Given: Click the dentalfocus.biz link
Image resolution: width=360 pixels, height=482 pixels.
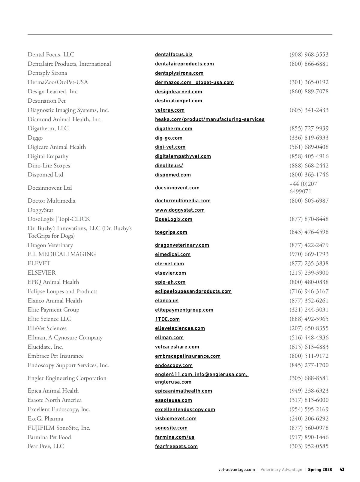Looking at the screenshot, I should (174, 55).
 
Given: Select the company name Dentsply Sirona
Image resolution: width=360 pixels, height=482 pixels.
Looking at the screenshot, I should (47, 73).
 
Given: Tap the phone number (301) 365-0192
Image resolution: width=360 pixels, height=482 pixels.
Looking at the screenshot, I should (309, 82).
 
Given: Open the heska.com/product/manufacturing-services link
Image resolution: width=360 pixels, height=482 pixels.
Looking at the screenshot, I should (210, 119).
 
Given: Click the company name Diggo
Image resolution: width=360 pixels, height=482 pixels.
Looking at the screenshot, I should (35, 138).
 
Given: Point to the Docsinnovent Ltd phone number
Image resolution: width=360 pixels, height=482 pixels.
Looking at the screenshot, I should (303, 188).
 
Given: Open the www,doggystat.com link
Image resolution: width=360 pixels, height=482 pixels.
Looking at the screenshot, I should (180, 210).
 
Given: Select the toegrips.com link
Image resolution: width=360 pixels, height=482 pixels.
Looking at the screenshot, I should (171, 232).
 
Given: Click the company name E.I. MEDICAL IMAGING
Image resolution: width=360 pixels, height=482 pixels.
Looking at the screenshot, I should (62, 254).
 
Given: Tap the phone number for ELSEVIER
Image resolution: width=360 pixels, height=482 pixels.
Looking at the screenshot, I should (309, 273).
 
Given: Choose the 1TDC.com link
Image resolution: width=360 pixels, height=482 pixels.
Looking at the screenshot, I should (167, 319).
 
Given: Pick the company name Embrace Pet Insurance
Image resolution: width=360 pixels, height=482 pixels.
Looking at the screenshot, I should (55, 356).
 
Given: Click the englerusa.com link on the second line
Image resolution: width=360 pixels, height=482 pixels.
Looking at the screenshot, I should (173, 382).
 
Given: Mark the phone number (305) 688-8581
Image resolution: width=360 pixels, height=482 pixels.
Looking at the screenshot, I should (309, 378).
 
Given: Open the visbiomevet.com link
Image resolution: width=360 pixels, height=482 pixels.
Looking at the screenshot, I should (176, 419).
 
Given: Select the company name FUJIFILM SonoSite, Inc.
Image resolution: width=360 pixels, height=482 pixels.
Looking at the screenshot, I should (59, 428).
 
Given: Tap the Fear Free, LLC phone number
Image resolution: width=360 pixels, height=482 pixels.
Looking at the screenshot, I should (309, 446).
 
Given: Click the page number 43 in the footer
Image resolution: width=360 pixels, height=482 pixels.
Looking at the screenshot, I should (342, 469).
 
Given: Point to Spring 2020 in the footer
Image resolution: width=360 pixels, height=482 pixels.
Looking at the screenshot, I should (320, 470).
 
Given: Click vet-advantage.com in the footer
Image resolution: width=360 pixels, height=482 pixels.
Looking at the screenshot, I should (237, 470).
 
